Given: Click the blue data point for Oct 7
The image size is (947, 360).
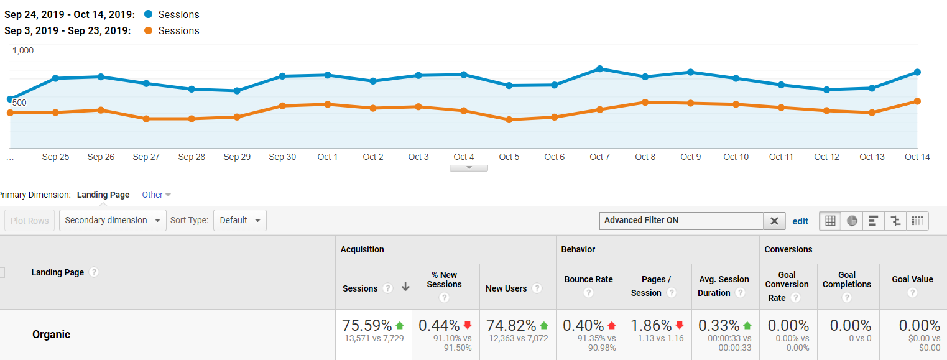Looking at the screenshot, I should pos(599,69).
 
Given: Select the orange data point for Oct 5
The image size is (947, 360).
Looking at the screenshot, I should pos(509,119).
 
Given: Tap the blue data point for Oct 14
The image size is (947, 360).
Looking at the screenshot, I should pos(917,72).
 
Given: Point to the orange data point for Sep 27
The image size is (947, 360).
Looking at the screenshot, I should pos(146,118).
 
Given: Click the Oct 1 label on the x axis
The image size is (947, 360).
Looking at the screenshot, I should pos(328,157).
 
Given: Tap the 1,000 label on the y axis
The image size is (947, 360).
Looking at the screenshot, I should pos(23,50).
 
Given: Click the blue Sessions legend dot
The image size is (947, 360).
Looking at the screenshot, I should pos(148,14).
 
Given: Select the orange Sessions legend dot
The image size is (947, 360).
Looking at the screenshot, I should pos(148,30).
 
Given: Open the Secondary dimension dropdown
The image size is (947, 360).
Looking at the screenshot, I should pos(113,220).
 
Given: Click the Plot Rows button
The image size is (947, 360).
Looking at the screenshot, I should pos(29,220).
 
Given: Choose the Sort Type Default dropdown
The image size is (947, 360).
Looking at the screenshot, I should pos(239,220).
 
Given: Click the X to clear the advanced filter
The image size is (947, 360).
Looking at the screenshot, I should pos(774,221).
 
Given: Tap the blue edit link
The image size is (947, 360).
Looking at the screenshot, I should pos(800,221).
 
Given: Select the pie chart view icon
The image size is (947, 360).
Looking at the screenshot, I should pos(852,221).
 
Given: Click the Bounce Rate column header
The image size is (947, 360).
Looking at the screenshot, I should pos(588,279).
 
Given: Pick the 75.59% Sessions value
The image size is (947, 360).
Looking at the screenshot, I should pos(367,325).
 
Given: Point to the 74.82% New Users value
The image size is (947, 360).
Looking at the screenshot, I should pos(511,325).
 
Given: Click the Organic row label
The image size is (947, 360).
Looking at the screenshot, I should pos(51,335).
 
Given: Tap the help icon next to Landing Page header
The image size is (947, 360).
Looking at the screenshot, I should pos(94,272).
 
